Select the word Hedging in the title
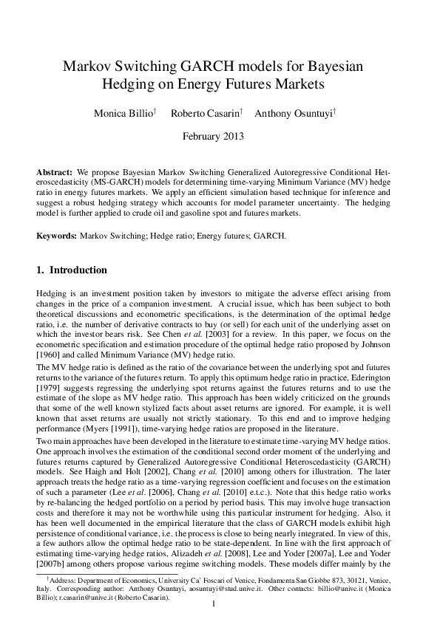tap(129, 84)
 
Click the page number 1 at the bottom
tap(213, 605)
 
